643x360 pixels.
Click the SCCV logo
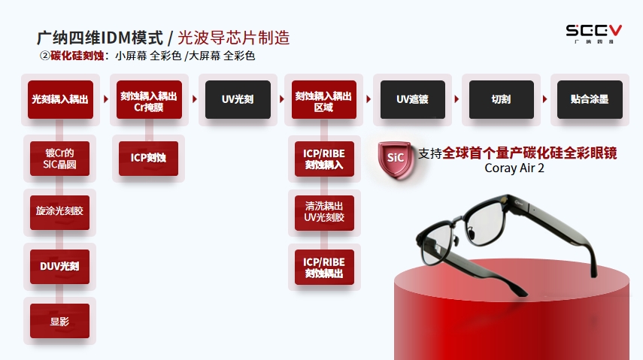593,34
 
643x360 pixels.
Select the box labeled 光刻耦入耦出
60,100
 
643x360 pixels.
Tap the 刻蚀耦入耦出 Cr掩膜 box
149,100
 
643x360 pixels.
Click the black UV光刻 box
238,100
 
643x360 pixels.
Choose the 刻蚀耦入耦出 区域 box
324,100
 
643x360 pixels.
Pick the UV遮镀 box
413,100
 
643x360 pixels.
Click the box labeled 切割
501,100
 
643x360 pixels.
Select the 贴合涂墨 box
590,100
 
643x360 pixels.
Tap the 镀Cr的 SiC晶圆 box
59,159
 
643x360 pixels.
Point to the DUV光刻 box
59,267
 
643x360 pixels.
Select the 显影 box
59,321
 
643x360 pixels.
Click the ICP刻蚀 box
148,159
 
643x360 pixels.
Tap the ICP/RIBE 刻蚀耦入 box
324,159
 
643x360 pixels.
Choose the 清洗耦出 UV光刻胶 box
324,213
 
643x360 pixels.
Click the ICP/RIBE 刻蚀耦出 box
324,268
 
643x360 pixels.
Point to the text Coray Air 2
514,168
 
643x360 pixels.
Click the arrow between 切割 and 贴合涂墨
545,99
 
